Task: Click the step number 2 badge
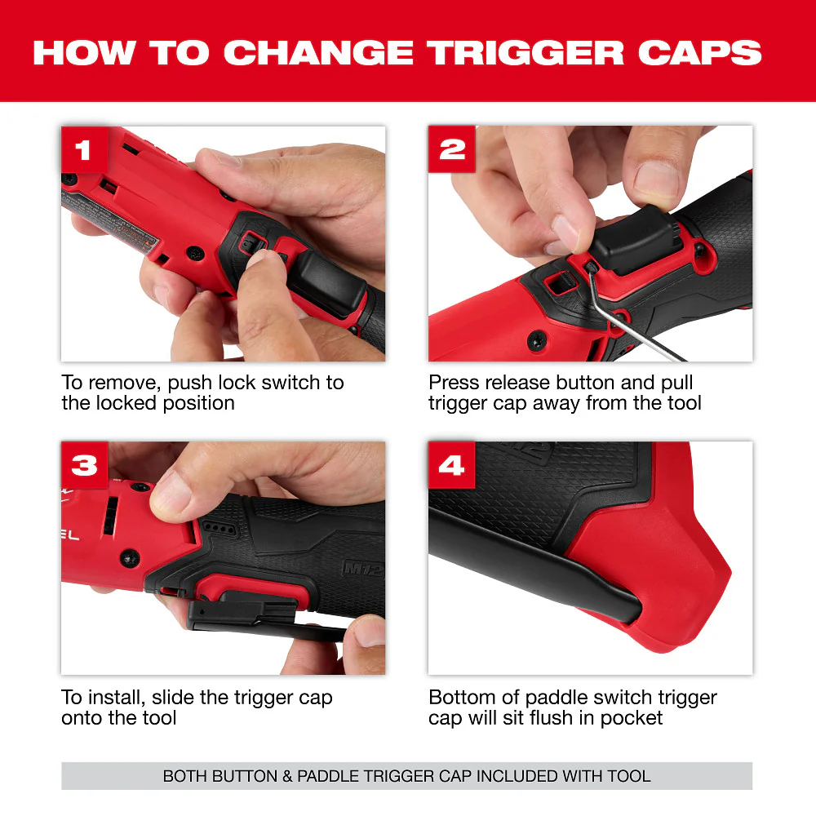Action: (x=451, y=149)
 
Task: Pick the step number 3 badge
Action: (x=84, y=465)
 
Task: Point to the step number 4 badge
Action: (x=451, y=465)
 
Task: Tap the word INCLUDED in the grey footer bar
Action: (x=515, y=776)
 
